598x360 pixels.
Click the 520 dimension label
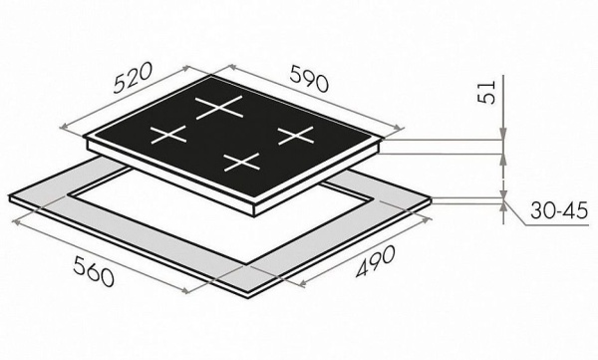134,78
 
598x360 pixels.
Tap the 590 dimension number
309,79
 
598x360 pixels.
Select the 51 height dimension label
486,92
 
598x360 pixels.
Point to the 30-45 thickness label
559,210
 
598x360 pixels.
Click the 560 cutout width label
94,271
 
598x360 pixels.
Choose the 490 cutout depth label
376,261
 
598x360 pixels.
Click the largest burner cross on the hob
219,108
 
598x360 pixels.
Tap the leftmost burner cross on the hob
168,135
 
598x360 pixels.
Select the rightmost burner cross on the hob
296,136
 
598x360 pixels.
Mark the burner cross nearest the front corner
242,162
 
